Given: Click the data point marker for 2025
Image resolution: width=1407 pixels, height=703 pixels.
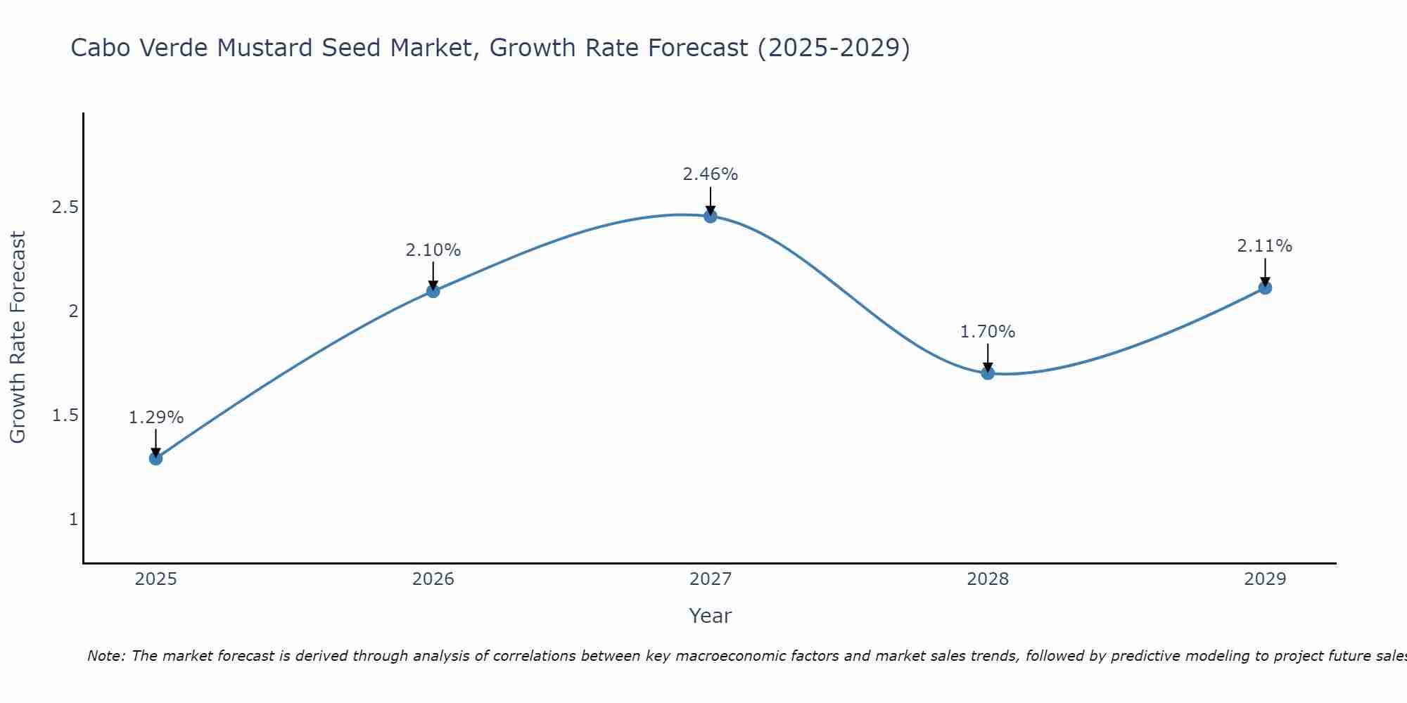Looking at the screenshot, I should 155,458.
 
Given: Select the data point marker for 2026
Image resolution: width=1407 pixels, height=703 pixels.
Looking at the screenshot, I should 433,290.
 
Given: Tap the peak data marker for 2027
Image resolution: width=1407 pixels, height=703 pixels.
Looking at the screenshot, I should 710,216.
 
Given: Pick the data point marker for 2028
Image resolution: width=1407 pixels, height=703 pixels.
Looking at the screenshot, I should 987,373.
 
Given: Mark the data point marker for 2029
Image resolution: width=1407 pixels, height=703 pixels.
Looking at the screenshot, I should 1264,288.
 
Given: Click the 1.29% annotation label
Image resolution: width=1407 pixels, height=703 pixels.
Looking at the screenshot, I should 155,418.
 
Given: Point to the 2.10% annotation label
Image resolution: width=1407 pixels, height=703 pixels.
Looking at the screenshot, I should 433,250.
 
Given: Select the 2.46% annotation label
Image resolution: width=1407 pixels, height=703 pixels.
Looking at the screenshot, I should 710,174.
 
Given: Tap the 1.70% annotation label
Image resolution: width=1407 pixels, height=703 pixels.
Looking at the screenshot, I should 987,332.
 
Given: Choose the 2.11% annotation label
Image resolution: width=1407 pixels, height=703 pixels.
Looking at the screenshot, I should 1264,246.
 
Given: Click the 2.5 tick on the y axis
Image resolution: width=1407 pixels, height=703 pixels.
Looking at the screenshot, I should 65,207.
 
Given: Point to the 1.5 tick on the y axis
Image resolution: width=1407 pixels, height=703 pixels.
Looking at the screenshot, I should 65,415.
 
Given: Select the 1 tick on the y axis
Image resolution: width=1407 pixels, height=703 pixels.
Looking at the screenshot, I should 73,520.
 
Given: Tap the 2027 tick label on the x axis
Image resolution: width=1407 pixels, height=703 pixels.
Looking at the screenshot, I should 710,579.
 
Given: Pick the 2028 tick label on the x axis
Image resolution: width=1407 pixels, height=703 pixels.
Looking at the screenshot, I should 987,579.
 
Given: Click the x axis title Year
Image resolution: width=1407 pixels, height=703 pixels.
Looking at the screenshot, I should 710,616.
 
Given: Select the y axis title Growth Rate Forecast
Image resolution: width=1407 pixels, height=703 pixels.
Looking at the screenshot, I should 18,337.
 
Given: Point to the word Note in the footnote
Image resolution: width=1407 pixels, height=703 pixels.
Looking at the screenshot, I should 106,657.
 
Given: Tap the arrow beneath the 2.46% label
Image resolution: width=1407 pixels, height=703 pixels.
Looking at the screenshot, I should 710,200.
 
